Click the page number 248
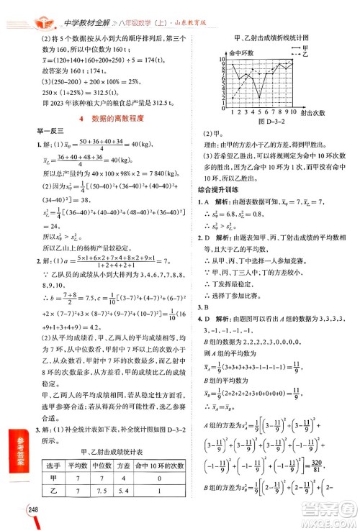tap(13, 511)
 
